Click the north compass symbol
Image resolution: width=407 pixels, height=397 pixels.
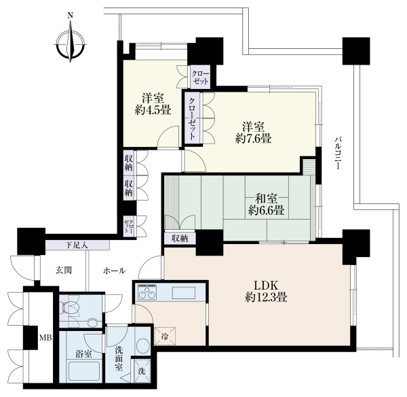pyautogui.click(x=71, y=41)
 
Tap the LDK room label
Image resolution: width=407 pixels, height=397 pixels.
pyautogui.click(x=266, y=286)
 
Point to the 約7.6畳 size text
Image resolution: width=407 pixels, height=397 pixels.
pyautogui.click(x=253, y=139)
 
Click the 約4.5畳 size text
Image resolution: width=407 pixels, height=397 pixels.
pyautogui.click(x=153, y=110)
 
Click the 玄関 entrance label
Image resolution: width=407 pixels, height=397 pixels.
pyautogui.click(x=64, y=271)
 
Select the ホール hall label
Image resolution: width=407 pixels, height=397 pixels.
pyautogui.click(x=115, y=271)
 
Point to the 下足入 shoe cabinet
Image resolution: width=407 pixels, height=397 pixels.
pyautogui.click(x=77, y=245)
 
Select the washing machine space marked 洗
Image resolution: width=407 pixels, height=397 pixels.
pyautogui.click(x=142, y=371)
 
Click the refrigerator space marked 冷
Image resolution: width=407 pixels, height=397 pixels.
pyautogui.click(x=165, y=336)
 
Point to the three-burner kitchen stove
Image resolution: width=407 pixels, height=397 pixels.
pyautogui.click(x=147, y=292)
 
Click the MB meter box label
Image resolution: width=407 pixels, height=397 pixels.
pyautogui.click(x=45, y=338)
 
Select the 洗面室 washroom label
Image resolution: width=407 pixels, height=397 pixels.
pyautogui.click(x=119, y=359)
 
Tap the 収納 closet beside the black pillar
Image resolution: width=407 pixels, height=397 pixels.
pyautogui.click(x=180, y=238)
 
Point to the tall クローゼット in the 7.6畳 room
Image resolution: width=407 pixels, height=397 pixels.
pyautogui.click(x=192, y=119)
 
